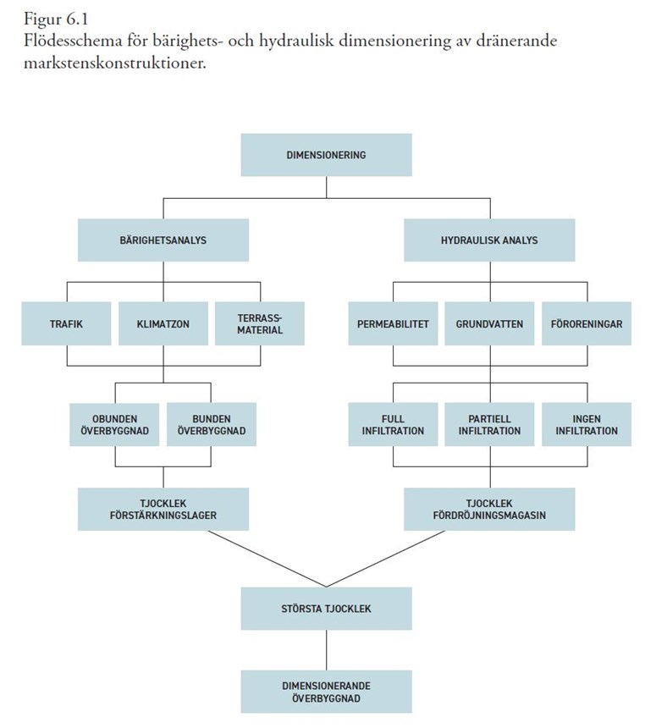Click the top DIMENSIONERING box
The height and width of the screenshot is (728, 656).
click(x=326, y=155)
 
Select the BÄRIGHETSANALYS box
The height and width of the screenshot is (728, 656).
click(x=163, y=240)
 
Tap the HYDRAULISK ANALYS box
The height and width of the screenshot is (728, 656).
click(x=489, y=240)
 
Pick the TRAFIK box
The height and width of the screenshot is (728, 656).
click(x=66, y=323)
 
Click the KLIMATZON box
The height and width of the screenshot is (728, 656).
click(x=163, y=323)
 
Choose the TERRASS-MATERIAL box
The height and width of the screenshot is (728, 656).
click(x=260, y=323)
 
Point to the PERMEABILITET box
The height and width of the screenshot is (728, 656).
click(x=393, y=323)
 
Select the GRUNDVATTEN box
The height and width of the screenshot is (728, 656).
click(x=489, y=323)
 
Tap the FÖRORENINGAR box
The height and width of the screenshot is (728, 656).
click(x=587, y=323)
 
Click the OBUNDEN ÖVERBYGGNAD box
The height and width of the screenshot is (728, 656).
click(x=114, y=424)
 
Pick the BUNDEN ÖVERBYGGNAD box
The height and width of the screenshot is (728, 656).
click(x=212, y=424)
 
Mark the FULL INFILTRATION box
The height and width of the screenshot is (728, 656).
click(x=393, y=424)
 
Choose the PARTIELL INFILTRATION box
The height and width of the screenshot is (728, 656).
click(x=489, y=424)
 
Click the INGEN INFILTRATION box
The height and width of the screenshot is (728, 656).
click(x=587, y=424)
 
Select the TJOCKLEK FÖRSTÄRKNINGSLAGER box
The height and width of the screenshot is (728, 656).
click(x=163, y=510)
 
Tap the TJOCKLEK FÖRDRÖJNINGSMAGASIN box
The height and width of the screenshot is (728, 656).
click(x=489, y=510)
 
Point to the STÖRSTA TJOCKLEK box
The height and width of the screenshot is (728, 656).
click(x=326, y=609)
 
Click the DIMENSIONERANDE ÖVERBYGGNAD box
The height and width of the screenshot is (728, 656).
click(x=326, y=692)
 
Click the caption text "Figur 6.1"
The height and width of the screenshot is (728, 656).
click(x=56, y=19)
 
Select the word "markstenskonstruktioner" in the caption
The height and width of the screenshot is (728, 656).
click(x=113, y=63)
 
